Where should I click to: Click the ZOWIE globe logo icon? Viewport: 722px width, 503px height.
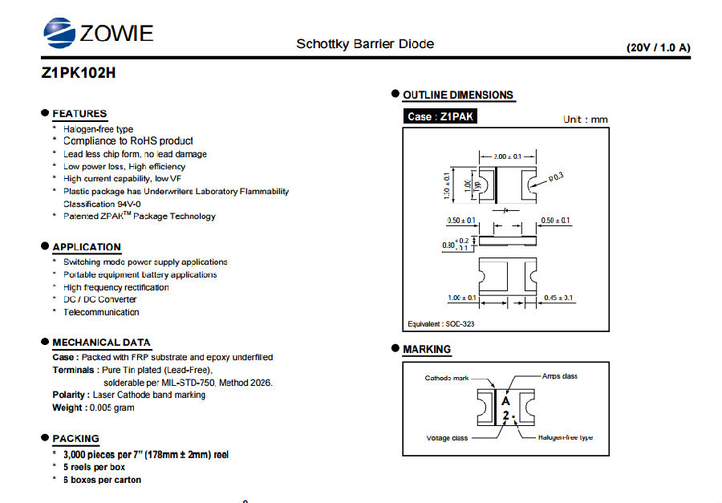point(59,33)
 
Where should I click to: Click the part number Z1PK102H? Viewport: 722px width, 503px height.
point(79,73)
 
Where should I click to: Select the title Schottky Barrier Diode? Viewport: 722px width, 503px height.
point(365,44)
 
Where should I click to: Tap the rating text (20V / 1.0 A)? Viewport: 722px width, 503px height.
point(659,47)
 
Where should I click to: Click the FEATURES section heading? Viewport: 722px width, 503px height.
point(79,113)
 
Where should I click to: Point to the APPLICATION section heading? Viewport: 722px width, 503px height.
point(87,247)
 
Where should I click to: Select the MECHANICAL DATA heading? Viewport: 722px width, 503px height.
point(101,343)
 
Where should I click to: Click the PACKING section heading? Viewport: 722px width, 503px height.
point(75,439)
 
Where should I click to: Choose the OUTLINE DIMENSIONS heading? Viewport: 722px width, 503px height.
point(458,95)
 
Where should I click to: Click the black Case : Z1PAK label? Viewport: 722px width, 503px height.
point(440,116)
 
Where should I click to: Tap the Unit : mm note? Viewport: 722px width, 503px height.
point(586,120)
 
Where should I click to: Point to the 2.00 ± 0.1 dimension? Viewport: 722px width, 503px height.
point(508,156)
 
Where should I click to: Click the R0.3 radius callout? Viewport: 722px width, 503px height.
point(556,177)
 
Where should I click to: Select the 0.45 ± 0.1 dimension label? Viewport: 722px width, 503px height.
point(558,298)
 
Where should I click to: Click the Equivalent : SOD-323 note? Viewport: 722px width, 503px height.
point(440,324)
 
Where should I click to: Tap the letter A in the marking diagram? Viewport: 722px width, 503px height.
point(506,401)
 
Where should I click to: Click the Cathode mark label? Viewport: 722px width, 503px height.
point(447,378)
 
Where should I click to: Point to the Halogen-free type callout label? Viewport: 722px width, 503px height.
point(566,437)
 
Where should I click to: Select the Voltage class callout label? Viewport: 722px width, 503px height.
point(447,438)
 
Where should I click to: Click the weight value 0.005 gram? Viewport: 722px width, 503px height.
point(112,408)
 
